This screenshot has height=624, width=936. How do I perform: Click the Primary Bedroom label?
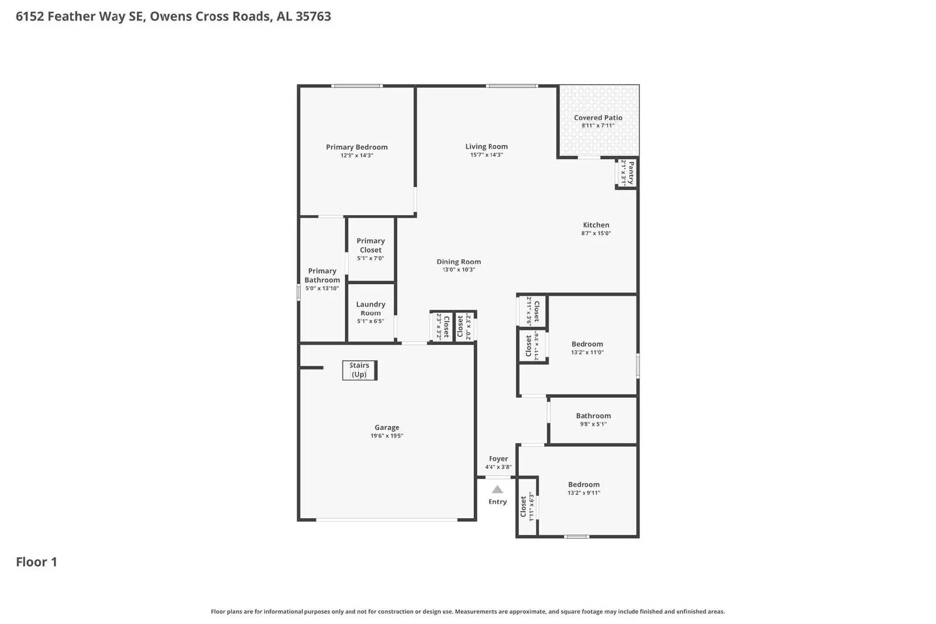(357, 147)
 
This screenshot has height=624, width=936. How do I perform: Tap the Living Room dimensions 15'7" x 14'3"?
(486, 155)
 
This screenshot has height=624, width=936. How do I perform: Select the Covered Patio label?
(598, 118)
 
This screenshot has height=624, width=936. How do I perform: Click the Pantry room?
(627, 173)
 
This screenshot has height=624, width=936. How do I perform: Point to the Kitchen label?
(596, 225)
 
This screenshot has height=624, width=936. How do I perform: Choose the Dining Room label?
(459, 261)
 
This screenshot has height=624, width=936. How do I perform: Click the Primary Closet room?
(370, 249)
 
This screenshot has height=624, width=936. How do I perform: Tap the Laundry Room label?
(370, 308)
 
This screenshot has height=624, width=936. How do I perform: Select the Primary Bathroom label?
(322, 275)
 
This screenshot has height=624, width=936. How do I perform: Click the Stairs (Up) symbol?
(359, 370)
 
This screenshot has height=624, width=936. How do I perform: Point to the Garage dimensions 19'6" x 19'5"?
(387, 436)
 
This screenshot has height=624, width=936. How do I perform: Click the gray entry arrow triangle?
(497, 489)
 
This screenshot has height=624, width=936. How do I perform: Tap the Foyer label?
(498, 458)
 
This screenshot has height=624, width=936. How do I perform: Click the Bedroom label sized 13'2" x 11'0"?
(587, 344)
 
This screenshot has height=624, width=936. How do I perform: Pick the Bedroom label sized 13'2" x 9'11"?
(584, 484)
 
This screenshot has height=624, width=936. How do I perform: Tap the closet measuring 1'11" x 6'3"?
(527, 506)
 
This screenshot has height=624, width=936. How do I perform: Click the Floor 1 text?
(36, 562)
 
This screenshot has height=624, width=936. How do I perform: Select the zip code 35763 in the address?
(313, 16)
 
